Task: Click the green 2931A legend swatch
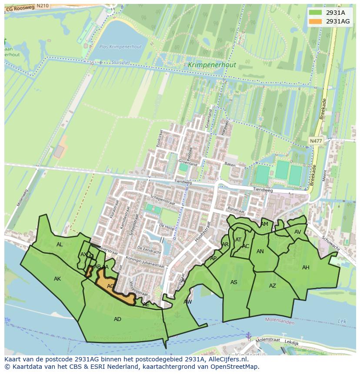pos(315,13)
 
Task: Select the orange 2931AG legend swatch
pos(315,21)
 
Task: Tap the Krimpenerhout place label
pos(212,65)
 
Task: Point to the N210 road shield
pos(43,6)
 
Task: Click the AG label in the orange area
pos(111,286)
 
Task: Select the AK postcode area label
pos(57,279)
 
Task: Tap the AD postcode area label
pos(117,319)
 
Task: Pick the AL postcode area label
pos(60,245)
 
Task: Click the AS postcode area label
pos(234,282)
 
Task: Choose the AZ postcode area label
pos(273,286)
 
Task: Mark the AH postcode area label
pos(306,268)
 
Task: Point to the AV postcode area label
pos(298,232)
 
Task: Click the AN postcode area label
pos(260,252)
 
